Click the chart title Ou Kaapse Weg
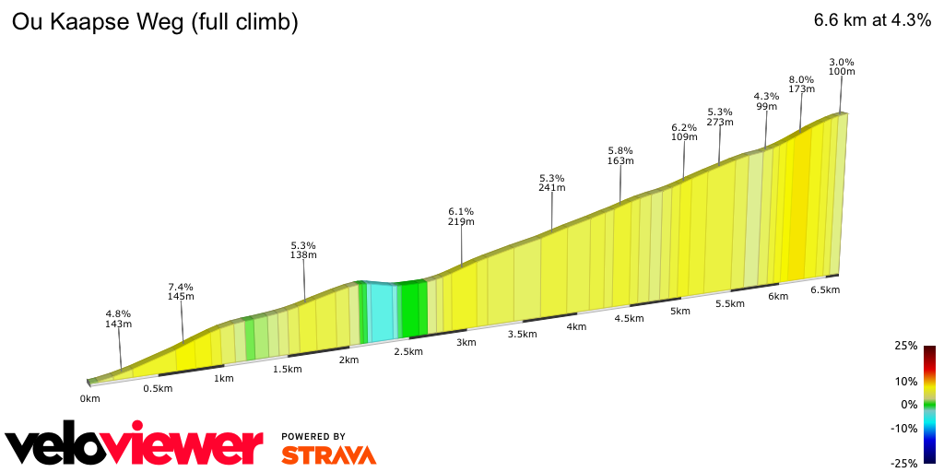point(154,22)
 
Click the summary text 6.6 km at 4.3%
point(872,21)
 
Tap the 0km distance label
point(89,399)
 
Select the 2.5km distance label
point(407,351)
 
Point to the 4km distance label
point(576,327)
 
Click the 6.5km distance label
point(825,289)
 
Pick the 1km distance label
point(222,378)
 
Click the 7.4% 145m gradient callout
point(181,291)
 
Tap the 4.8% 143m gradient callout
point(118,319)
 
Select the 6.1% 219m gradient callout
point(461,216)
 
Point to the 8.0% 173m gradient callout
point(802,84)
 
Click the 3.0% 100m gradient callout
point(842,66)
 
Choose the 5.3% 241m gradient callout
point(552,183)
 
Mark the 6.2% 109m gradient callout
point(684,132)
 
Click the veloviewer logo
point(135,445)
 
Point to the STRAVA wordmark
point(328,454)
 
